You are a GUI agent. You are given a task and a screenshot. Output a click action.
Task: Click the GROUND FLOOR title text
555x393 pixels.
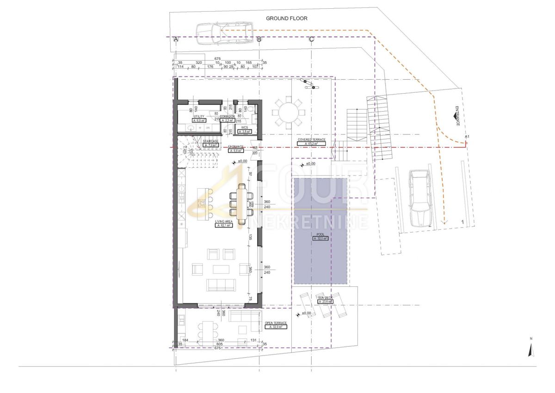pos(286,19)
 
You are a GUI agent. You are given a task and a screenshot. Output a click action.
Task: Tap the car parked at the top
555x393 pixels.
pos(224,33)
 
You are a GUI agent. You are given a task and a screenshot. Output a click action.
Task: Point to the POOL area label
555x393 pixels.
pos(320,237)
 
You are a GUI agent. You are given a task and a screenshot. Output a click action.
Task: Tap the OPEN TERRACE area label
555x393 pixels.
pos(276,325)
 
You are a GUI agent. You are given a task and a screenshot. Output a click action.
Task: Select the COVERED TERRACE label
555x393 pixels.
pos(312,142)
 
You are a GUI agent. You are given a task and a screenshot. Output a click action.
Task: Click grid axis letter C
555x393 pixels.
pos(312,40)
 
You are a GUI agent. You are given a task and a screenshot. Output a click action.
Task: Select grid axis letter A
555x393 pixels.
pos(176,40)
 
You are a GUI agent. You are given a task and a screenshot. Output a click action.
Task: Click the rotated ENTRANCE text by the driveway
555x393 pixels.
pos(456,116)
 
